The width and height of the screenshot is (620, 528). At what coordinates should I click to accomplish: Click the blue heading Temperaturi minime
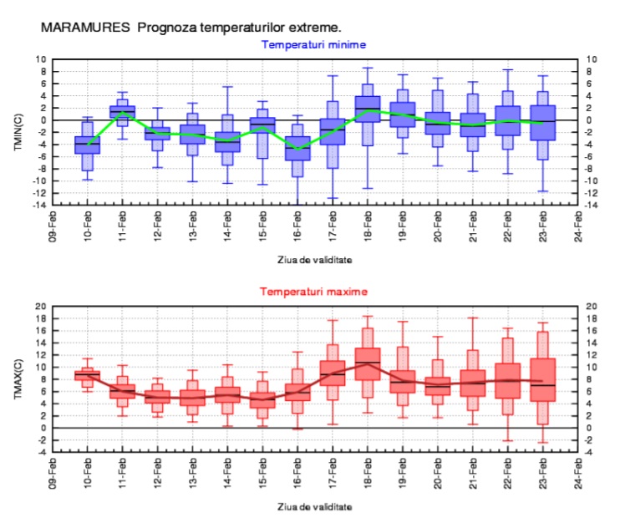[x=313, y=44]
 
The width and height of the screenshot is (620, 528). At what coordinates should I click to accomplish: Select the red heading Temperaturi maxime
[x=313, y=292]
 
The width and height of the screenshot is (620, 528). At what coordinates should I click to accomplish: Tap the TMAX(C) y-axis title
[x=18, y=379]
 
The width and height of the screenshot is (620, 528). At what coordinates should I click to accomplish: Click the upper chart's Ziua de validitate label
[x=314, y=260]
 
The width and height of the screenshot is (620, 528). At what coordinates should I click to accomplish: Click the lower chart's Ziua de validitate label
[x=314, y=507]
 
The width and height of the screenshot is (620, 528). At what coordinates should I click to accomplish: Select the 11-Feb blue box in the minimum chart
[x=122, y=112]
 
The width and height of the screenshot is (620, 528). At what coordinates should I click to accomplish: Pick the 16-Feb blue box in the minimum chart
[x=297, y=148]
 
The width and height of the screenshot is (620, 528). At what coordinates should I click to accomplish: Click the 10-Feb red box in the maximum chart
[x=87, y=375]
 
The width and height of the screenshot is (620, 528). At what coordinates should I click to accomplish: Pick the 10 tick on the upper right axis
[x=592, y=59]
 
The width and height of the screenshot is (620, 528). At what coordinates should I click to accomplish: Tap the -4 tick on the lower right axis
[x=592, y=453]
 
